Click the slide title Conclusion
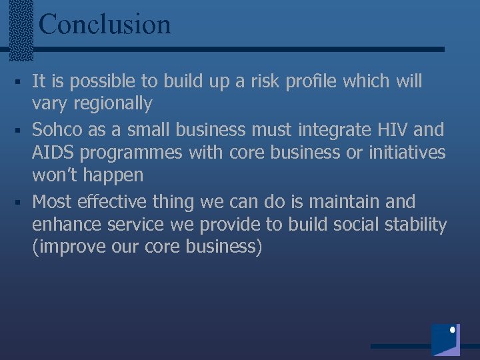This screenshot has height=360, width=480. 105,24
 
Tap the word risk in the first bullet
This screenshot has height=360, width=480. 269,81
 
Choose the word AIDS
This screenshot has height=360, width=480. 52,152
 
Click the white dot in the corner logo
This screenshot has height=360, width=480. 453,330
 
